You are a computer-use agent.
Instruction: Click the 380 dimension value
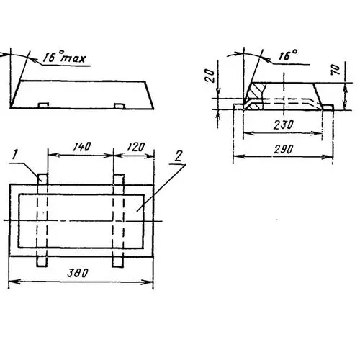pos(78,273)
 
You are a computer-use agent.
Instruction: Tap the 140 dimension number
pos(82,147)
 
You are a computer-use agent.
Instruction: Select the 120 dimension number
pos(136,147)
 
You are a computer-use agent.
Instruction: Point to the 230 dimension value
pos(284,125)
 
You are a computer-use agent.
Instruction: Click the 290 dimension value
pos(284,149)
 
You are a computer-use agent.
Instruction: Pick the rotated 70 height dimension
pos(336,70)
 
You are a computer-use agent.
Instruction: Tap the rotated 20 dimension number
pos(210,76)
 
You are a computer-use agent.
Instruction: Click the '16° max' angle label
pos(64,57)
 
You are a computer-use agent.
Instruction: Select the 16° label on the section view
pos(288,55)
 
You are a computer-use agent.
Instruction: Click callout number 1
pos(15,155)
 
